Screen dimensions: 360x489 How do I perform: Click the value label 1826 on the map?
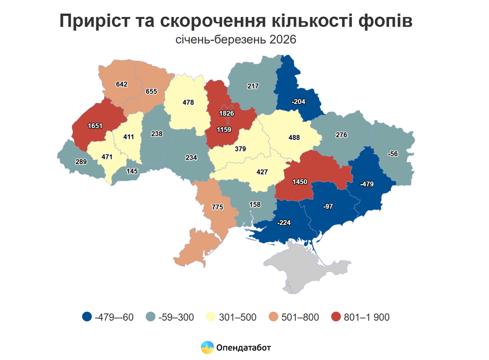coord(226,113)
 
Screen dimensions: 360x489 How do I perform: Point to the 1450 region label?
coord(300,182)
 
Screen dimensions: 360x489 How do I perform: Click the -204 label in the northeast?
coord(298,102)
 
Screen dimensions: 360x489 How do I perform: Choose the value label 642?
coord(122,84)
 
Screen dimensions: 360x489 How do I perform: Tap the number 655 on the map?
coord(151,91)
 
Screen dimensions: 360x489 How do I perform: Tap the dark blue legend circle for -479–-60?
coord(87,317)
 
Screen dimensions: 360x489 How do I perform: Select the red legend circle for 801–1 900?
coord(336,317)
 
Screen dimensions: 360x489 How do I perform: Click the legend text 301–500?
coord(238,317)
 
